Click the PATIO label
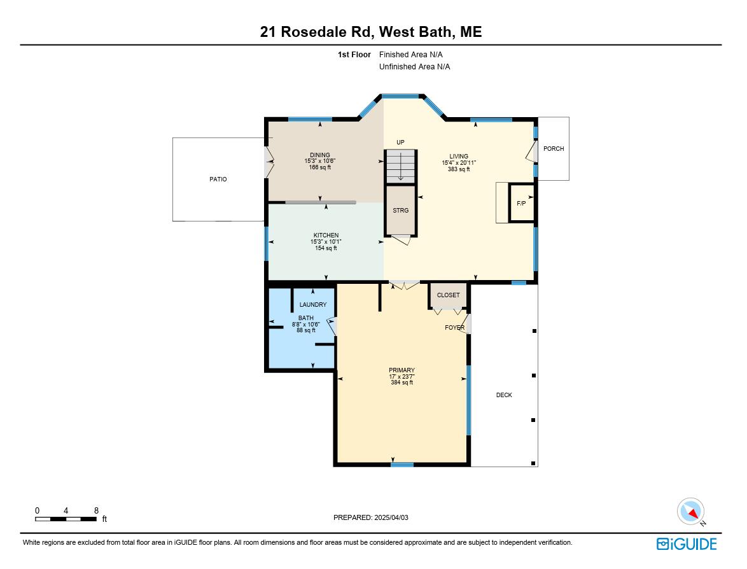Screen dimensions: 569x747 click(218, 179)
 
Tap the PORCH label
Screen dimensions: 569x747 click(554, 149)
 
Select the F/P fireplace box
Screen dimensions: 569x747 click(521, 203)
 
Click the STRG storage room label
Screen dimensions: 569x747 click(400, 210)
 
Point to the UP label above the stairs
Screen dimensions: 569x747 click(400, 143)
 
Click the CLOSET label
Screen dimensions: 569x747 click(448, 295)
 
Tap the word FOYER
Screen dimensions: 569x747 click(454, 328)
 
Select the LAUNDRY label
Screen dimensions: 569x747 click(313, 305)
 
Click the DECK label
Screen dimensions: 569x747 click(504, 395)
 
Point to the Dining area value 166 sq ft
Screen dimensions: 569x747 click(320, 167)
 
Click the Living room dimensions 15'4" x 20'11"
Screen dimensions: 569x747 click(459, 163)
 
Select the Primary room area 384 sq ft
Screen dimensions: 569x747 click(402, 383)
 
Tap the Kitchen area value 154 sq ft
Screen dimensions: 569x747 click(326, 248)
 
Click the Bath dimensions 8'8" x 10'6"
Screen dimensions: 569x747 click(306, 325)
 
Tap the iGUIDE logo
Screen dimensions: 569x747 click(687, 544)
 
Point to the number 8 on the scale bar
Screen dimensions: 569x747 click(96, 510)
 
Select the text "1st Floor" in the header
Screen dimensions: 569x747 click(354, 55)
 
